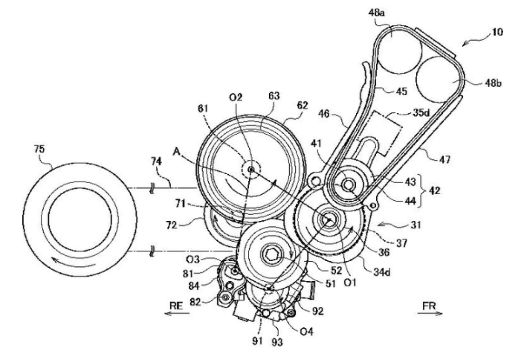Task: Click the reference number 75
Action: point(39,149)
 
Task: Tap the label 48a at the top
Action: point(376,13)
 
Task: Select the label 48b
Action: point(494,83)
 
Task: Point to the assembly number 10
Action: point(497,32)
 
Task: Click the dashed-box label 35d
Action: point(421,112)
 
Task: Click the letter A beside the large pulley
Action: point(176,152)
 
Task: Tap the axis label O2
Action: point(236,97)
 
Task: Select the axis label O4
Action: point(306,332)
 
